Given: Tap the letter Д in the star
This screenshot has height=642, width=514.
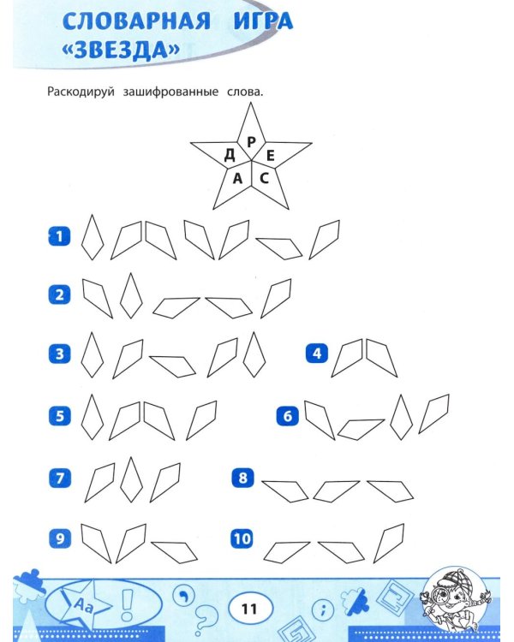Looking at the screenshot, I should [x=230, y=155].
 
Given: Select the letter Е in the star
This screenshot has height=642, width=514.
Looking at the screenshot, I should [x=270, y=155].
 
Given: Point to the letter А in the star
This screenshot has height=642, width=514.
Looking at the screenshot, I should [x=237, y=179].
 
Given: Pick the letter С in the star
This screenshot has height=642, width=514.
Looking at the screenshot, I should [x=264, y=179].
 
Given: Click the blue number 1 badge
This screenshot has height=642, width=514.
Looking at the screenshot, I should [x=58, y=237].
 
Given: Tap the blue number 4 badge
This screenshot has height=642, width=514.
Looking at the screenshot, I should [x=317, y=354].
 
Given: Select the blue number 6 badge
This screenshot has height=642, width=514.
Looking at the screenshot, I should [x=287, y=416].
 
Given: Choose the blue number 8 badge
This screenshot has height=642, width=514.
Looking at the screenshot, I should [x=242, y=478].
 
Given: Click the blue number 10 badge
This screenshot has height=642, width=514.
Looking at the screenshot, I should [x=242, y=538].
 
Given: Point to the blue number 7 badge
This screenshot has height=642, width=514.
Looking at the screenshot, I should [x=58, y=478].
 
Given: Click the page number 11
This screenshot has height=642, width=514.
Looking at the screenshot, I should [x=249, y=609].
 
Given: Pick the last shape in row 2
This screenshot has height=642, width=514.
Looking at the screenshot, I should [x=276, y=298].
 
